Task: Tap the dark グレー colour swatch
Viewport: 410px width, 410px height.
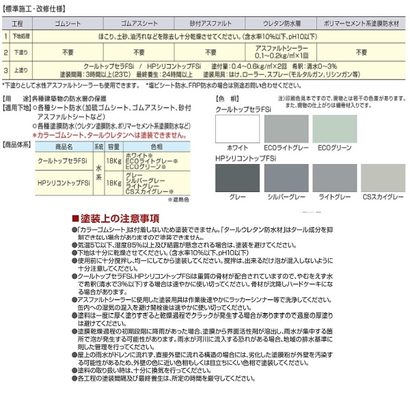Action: (234, 180)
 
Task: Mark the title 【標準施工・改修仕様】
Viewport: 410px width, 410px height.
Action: (34, 6)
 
